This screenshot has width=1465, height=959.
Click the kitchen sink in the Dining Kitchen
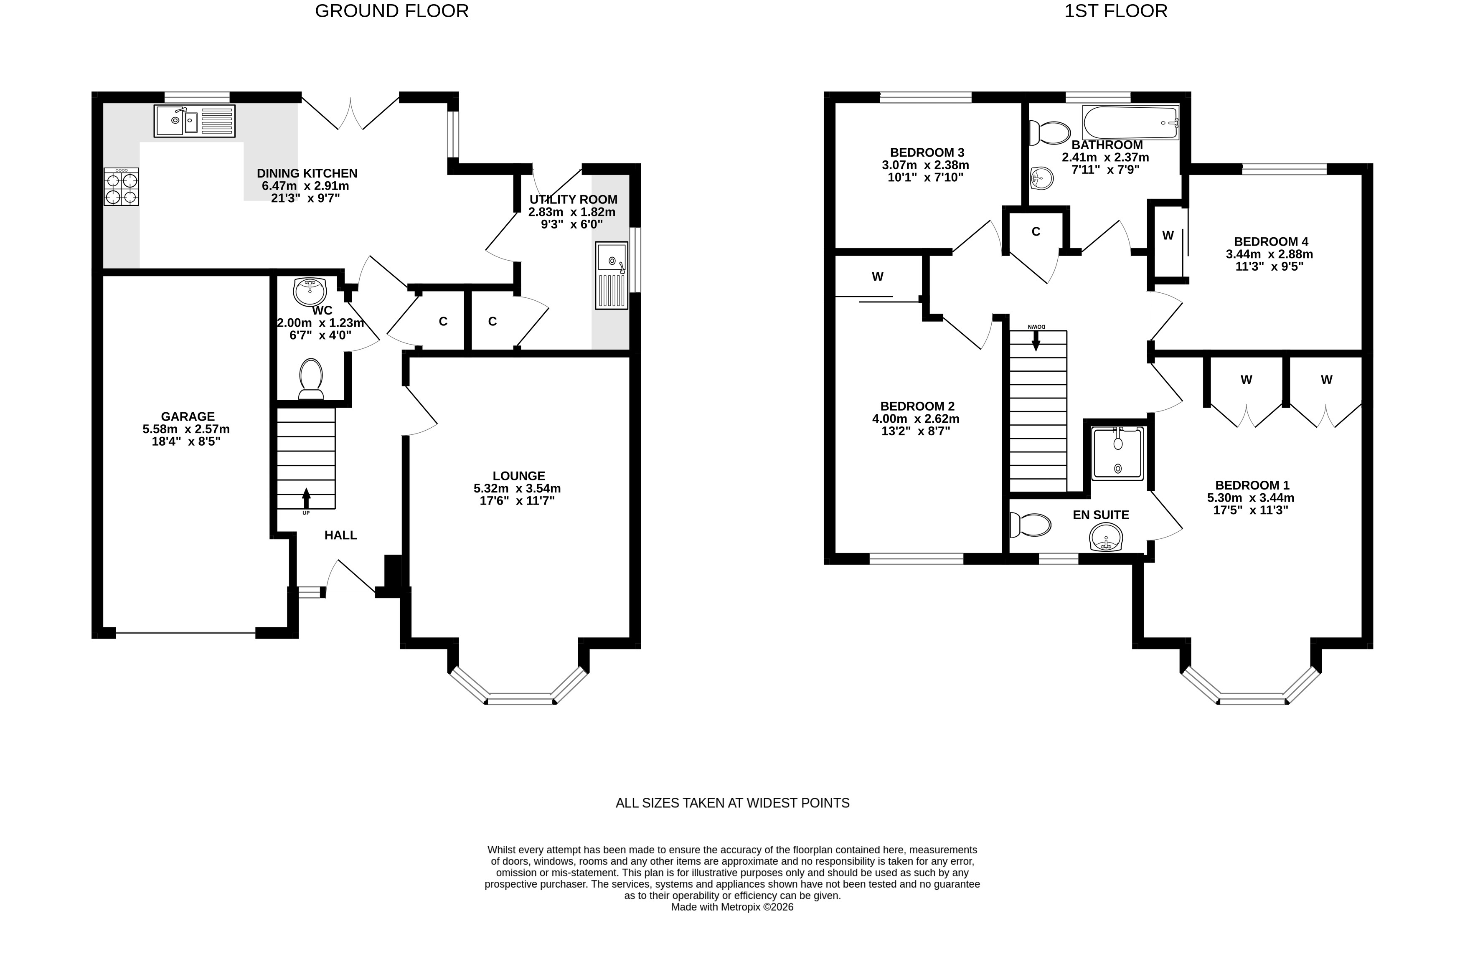(x=195, y=121)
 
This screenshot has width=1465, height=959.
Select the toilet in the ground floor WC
(x=311, y=378)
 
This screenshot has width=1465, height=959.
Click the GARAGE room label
(x=188, y=417)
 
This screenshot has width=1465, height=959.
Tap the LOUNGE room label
(x=519, y=476)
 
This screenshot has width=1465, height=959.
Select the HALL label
(x=341, y=535)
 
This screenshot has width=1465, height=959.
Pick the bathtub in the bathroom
(x=1131, y=122)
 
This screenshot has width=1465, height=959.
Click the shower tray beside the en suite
(x=1117, y=454)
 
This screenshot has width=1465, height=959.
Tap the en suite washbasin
(x=1107, y=538)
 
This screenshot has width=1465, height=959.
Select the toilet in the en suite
(x=1031, y=525)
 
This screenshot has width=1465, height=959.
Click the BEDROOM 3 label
(x=927, y=152)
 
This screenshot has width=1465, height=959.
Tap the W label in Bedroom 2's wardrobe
(x=878, y=277)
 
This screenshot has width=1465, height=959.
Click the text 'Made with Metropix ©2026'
(x=733, y=907)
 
